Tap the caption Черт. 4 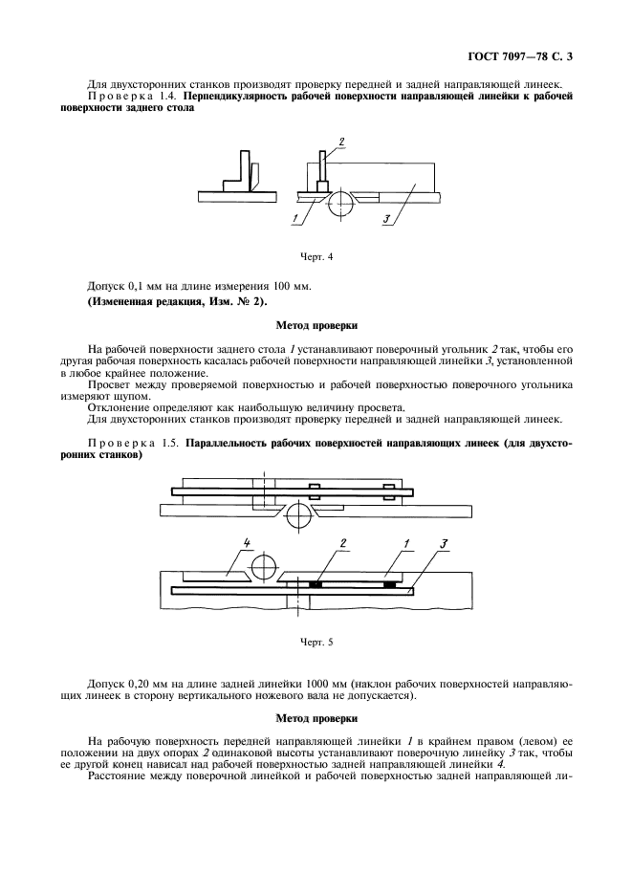pyautogui.click(x=316, y=255)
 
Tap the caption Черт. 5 pyautogui.click(x=316, y=642)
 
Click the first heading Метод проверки pyautogui.click(x=316, y=325)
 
